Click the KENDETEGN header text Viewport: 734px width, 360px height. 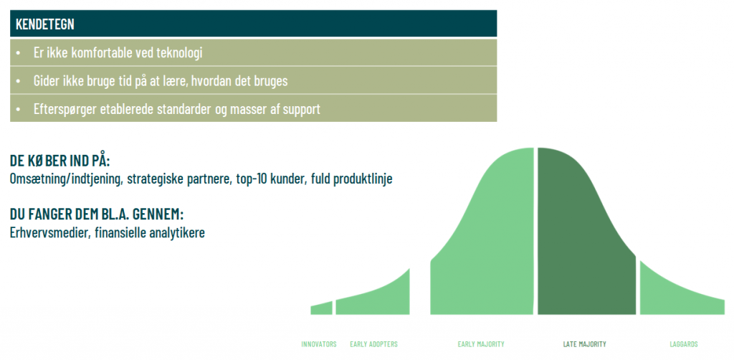[45, 24]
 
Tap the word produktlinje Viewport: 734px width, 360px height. [363, 180]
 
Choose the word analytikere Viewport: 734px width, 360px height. [176, 233]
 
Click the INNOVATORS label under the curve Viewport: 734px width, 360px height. [319, 344]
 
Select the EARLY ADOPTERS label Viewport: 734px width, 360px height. [373, 344]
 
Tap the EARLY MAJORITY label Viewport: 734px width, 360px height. [481, 344]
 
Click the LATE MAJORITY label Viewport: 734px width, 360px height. [584, 344]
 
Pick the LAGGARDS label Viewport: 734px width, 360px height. [683, 344]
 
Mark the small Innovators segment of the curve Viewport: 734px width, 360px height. [322, 309]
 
